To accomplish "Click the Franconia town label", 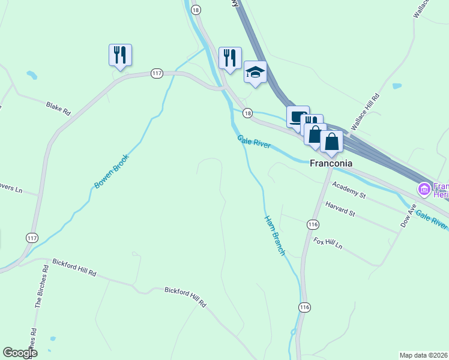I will [x=330, y=163].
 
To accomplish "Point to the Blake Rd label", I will [x=58, y=108].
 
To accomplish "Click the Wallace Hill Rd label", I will [x=366, y=112].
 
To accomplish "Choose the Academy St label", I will [x=348, y=191].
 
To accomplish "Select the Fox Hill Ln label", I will [x=328, y=242].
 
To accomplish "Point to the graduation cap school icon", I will [x=255, y=73].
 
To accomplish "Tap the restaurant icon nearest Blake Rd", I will [x=120, y=55].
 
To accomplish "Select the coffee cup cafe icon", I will [x=297, y=116].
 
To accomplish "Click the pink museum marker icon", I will [x=424, y=190].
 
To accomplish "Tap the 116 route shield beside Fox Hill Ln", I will [x=312, y=224].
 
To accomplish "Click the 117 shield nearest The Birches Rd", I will [x=32, y=238].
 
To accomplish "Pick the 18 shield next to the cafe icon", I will [x=247, y=113].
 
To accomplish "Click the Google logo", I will [x=20, y=353].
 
